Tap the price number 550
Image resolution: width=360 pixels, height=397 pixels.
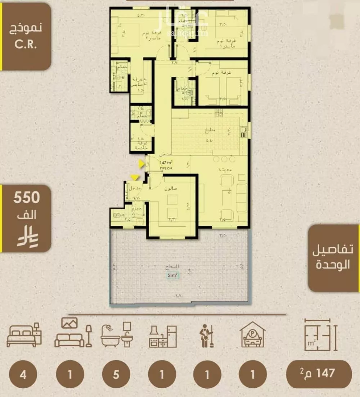tap(26, 198)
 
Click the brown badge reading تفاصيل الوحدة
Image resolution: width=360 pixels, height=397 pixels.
tap(334, 257)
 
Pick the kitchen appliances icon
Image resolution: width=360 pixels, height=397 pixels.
tap(163, 336)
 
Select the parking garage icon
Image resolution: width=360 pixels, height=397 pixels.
tap(253, 335)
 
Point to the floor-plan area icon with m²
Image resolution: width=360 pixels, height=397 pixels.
tap(320, 335)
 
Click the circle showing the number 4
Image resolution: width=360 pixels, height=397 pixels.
tap(23, 375)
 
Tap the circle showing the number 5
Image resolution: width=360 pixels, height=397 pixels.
tap(116, 375)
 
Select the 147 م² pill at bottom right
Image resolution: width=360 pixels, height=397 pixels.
tap(319, 374)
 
